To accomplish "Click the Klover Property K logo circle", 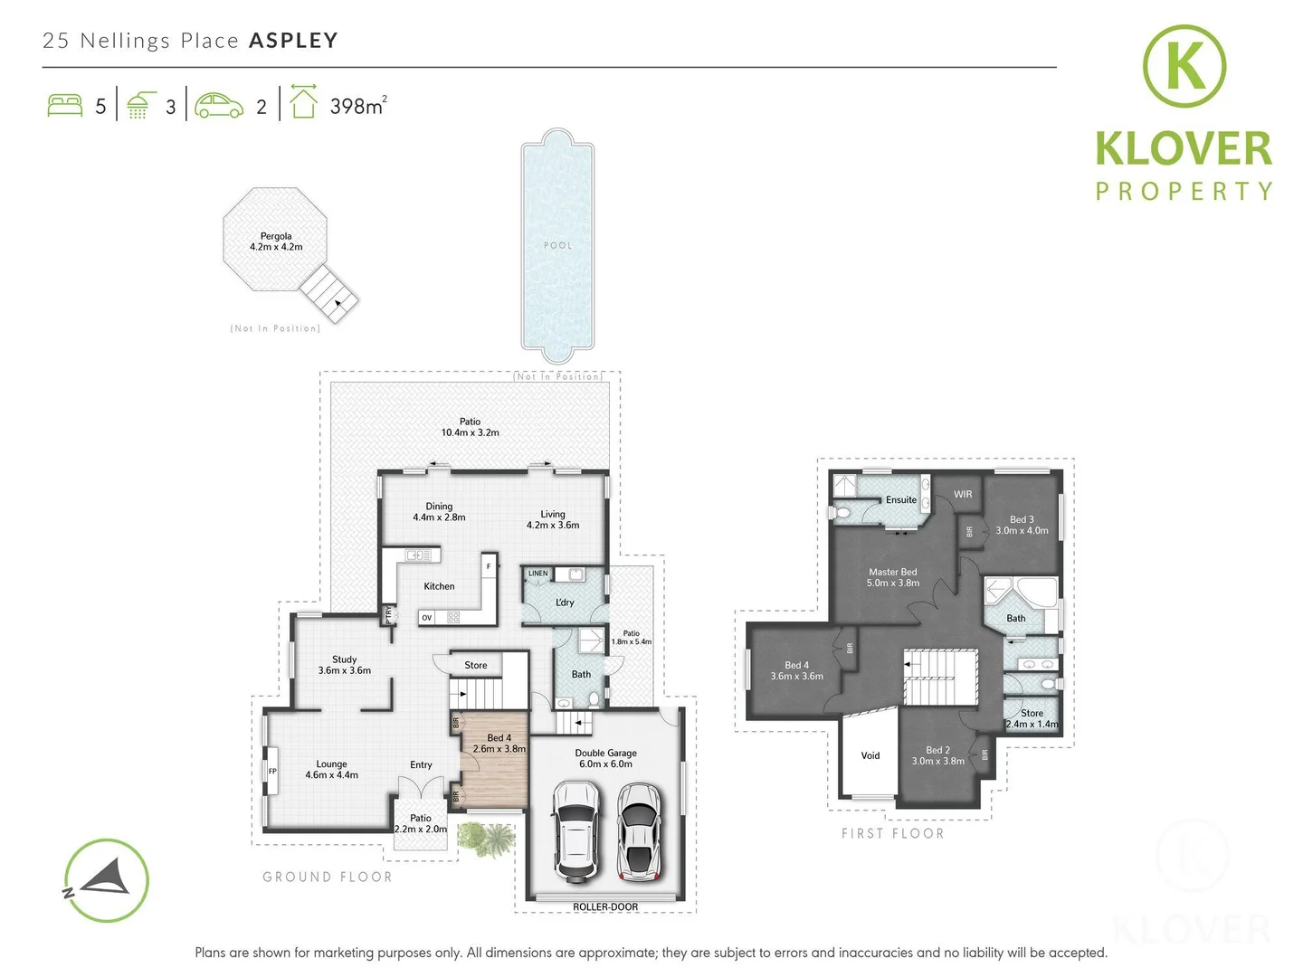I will (1184, 66).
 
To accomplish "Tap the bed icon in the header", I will (64, 105).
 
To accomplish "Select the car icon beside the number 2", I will (219, 105).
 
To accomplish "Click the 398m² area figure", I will (357, 106).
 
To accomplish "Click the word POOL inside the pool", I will (557, 245).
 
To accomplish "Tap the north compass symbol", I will (106, 880).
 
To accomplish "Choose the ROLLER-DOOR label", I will (605, 906).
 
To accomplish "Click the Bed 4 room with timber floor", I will (495, 760).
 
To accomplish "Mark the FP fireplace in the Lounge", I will (272, 771).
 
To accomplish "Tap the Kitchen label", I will (439, 586).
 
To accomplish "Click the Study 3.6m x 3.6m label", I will (344, 665).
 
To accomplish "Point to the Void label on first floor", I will (870, 755).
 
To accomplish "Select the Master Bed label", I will (892, 577).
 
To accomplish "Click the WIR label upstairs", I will (963, 494).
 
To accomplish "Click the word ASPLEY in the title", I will (293, 41).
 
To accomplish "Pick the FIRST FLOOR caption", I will (892, 833).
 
